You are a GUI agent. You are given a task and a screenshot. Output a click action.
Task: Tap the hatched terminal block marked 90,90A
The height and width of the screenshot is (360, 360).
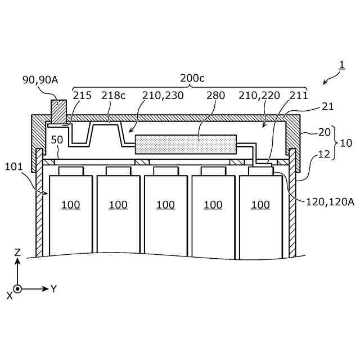tap(58, 111)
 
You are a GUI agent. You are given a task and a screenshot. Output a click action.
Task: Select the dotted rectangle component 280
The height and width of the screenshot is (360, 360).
tap(186, 145)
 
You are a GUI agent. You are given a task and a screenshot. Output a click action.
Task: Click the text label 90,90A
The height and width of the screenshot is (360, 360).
tap(40, 80)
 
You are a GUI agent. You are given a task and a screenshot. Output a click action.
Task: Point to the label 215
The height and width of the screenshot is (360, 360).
tap(82, 96)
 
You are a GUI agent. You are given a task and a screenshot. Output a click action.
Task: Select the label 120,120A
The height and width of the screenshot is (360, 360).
tap(330, 201)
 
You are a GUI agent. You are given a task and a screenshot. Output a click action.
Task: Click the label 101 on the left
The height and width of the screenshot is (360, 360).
tap(14, 166)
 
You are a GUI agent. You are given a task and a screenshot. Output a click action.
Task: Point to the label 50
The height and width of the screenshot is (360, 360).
tap(56, 139)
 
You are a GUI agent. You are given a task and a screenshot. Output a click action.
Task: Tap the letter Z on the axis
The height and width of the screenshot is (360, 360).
tap(17, 253)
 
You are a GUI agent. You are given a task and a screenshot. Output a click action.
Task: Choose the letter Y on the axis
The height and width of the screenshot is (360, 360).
tap(54, 289)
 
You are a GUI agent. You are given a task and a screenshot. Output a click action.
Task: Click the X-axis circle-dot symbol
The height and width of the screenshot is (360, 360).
tap(17, 289)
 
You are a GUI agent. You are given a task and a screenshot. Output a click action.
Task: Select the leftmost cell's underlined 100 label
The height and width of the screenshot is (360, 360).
tap(70, 205)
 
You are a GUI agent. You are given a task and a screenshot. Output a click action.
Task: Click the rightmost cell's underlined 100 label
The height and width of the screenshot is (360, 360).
tap(260, 205)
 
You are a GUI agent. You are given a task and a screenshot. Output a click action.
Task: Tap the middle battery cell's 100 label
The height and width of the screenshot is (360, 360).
tap(165, 205)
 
